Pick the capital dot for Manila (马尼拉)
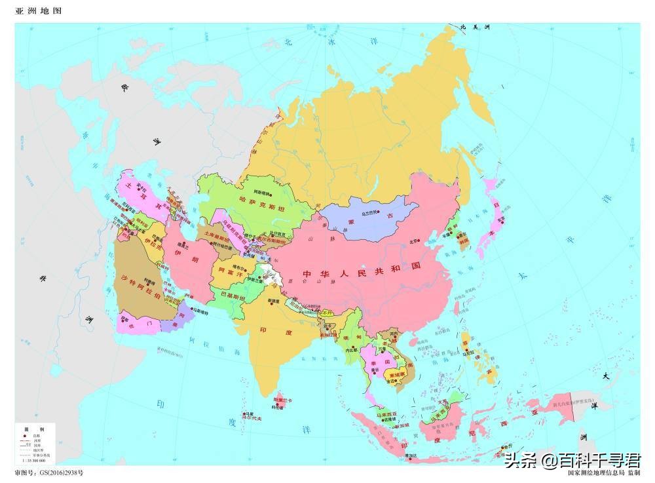[467, 359]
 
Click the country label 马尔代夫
[250, 419]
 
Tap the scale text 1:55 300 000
[37, 461]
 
